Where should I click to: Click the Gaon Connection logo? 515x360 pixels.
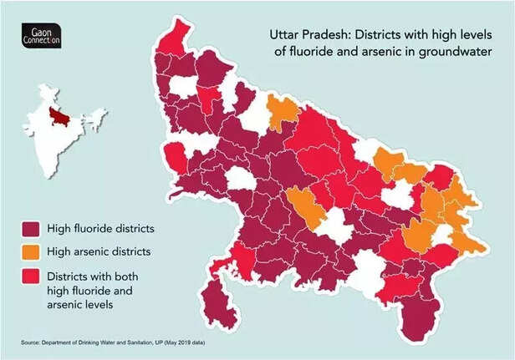pyautogui.click(x=40, y=37)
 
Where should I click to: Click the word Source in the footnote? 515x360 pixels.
pyautogui.click(x=30, y=343)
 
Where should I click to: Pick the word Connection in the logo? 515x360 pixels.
pyautogui.click(x=40, y=42)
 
